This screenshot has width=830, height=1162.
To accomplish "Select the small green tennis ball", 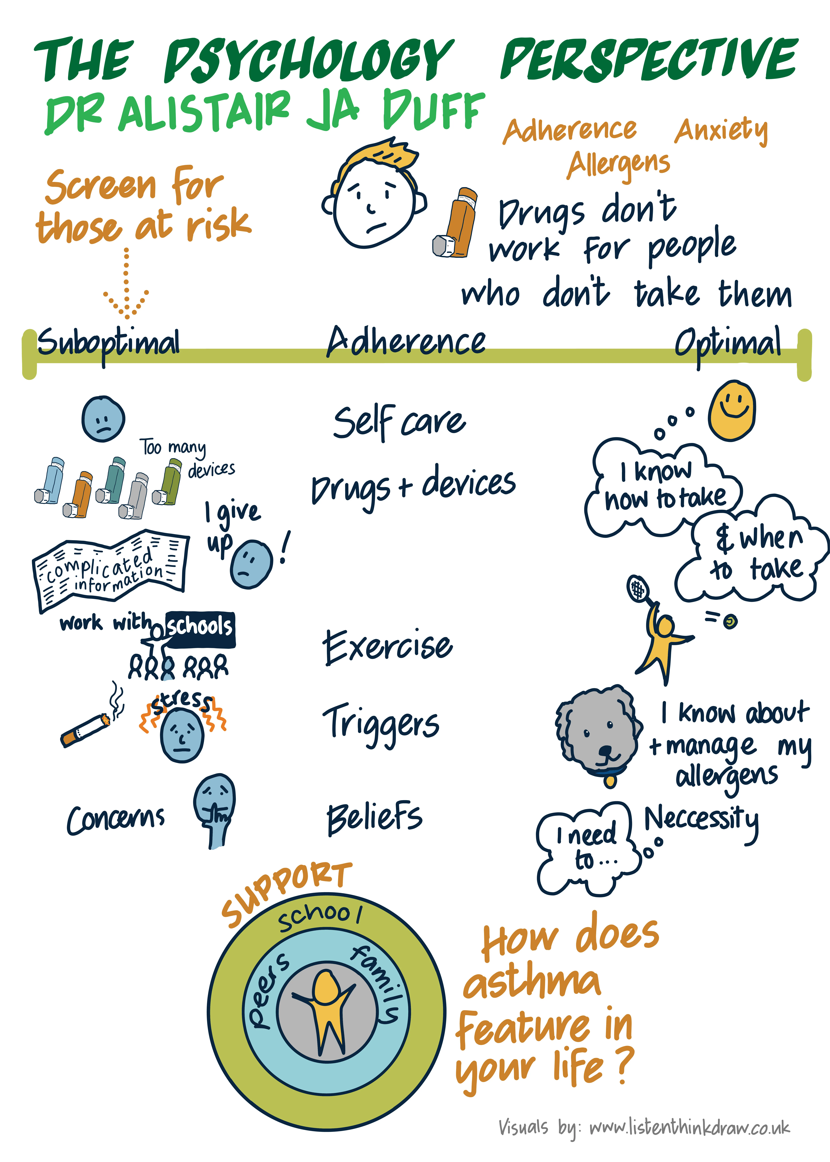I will pos(731,621).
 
